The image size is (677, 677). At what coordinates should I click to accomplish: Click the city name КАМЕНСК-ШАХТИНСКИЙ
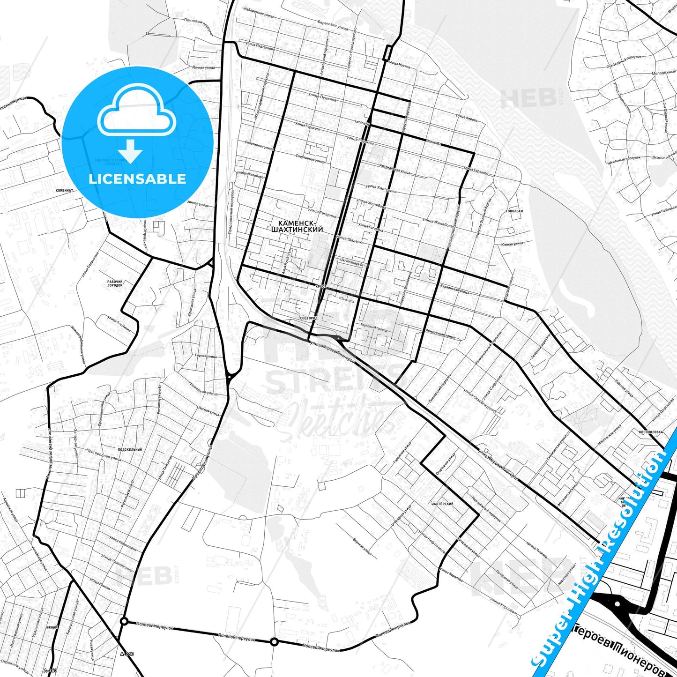click(297, 227)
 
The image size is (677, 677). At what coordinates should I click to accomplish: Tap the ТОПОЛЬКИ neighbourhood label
click(514, 211)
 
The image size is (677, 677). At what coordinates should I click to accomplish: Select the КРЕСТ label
click(321, 286)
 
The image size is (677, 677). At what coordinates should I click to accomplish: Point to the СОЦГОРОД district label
click(308, 318)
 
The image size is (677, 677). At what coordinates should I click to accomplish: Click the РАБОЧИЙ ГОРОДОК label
click(115, 283)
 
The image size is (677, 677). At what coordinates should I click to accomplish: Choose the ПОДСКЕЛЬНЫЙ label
click(130, 450)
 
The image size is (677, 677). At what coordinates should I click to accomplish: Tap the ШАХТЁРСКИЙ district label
click(442, 504)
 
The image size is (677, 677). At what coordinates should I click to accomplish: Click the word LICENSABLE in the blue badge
click(137, 179)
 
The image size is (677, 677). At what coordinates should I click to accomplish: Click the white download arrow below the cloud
click(131, 151)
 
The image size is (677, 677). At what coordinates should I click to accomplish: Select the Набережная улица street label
click(260, 15)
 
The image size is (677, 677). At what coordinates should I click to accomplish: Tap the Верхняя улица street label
click(362, 546)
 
